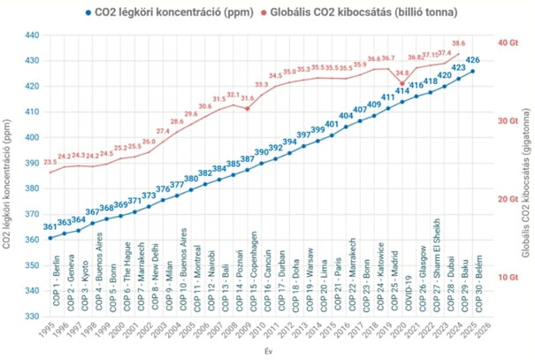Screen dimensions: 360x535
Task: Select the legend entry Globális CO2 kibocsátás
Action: (357, 12)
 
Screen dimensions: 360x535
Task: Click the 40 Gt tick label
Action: (508, 42)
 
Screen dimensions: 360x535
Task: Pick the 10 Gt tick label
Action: (508, 278)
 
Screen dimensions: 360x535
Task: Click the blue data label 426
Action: (472, 60)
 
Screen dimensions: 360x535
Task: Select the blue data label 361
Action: (50, 228)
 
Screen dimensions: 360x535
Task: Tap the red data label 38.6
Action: (458, 42)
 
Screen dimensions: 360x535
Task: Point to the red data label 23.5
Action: (50, 163)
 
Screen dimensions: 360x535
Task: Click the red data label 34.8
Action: (401, 73)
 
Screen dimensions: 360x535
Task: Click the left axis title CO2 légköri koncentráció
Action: (8, 177)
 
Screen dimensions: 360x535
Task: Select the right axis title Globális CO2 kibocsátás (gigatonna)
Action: (526, 177)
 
